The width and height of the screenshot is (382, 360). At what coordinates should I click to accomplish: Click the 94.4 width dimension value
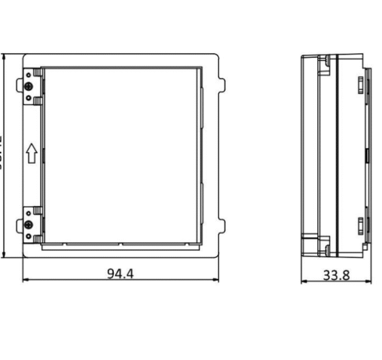point(120,273)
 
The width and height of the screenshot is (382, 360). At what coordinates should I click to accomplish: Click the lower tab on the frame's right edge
point(222,225)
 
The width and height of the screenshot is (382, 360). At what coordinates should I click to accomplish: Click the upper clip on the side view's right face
point(359,83)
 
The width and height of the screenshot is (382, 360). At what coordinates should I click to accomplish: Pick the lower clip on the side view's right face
point(359,225)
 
